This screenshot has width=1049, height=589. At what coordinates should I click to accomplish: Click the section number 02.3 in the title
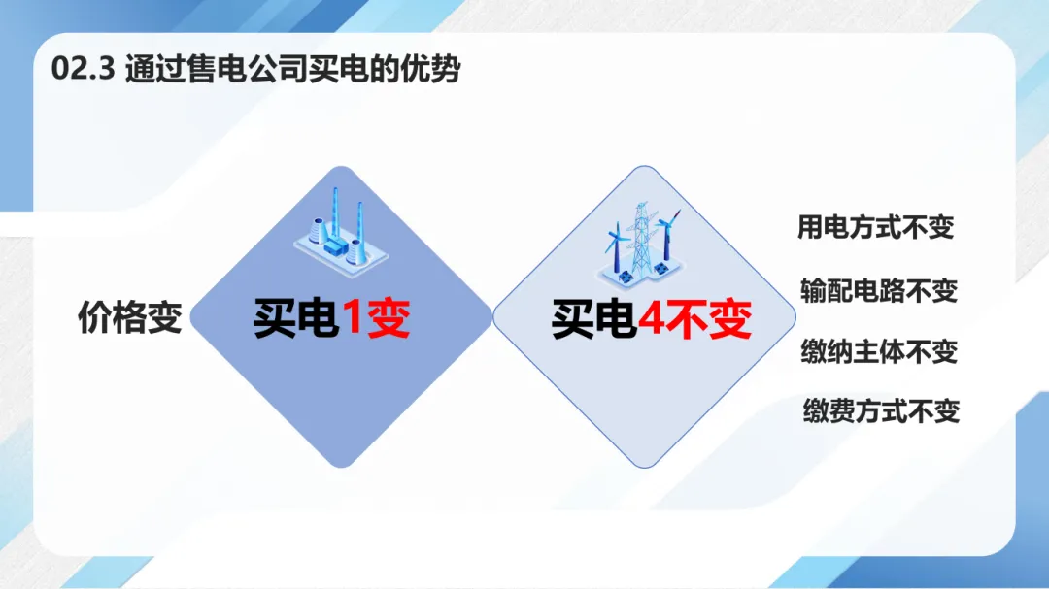click(x=84, y=69)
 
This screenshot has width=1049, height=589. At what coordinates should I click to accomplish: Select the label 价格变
click(x=130, y=317)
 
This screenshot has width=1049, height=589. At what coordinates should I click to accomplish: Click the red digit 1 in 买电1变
click(x=352, y=317)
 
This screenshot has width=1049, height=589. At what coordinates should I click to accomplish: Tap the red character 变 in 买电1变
click(x=388, y=317)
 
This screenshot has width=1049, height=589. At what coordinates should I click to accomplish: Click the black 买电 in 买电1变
click(x=295, y=317)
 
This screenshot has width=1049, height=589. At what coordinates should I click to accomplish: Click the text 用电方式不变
click(x=875, y=227)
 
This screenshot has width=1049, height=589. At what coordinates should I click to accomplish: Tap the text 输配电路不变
click(x=879, y=291)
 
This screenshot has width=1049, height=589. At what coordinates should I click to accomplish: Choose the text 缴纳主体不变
click(x=879, y=351)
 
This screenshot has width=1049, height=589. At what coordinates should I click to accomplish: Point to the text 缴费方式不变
click(x=882, y=410)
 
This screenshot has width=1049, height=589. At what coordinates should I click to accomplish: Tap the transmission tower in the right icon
click(x=641, y=241)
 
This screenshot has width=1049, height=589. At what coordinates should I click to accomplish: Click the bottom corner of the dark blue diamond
click(x=341, y=467)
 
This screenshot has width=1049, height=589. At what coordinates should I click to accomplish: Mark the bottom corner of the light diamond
click(x=644, y=467)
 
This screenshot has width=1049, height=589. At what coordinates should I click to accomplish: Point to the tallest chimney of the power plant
click(x=334, y=213)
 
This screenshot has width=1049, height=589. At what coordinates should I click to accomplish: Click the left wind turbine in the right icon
click(x=616, y=247)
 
